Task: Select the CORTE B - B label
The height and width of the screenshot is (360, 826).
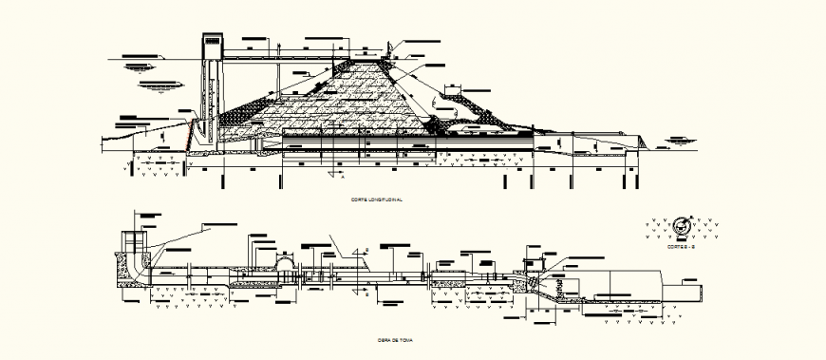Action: (681, 246)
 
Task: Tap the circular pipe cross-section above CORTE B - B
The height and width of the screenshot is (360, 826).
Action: (680, 228)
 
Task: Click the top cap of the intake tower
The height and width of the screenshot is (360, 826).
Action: (211, 41)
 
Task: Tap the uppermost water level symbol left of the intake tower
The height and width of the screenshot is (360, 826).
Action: (139, 67)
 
